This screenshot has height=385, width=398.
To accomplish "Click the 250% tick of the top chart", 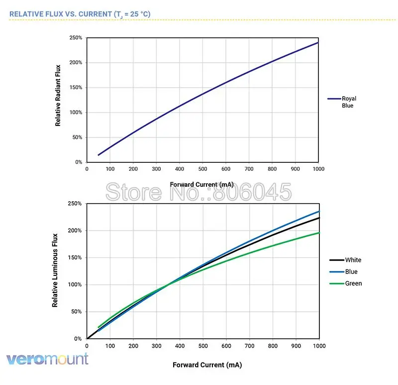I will tap(76, 38).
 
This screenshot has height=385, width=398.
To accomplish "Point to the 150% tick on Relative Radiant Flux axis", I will tap(76, 88).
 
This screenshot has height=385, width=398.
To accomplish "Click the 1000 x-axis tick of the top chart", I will tap(318, 169).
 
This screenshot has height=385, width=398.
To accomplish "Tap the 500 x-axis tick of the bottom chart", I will tap(203, 346).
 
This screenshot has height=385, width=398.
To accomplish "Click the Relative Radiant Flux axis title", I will tap(58, 95).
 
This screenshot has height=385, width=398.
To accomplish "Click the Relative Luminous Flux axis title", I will tap(55, 270).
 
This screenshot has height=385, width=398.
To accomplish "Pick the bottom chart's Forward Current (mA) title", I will tap(207, 365).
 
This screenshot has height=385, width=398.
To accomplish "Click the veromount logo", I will tap(47, 359).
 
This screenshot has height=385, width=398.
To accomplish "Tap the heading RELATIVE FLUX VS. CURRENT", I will tap(80, 14).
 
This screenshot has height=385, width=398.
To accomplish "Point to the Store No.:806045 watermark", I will tap(198, 191).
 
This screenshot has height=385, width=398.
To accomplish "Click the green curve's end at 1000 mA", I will tap(318, 233).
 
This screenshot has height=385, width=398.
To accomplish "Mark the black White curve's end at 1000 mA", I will tap(318, 218).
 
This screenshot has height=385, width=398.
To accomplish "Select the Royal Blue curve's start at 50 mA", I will tap(99, 155).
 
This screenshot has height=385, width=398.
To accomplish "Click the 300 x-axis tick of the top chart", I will tap(156, 169).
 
